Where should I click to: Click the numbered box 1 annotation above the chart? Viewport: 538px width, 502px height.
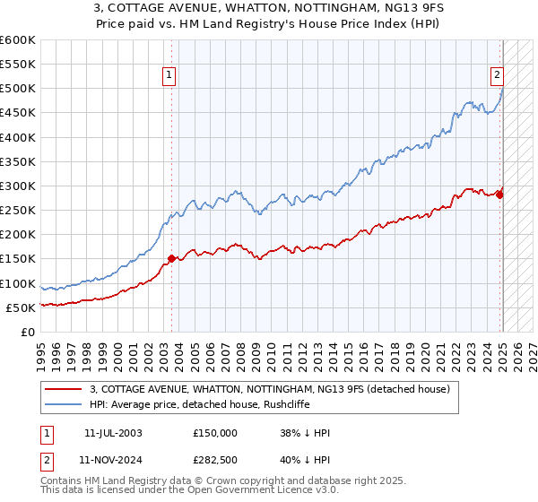[x=170, y=76]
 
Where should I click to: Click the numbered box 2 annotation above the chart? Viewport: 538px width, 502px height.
[x=497, y=76]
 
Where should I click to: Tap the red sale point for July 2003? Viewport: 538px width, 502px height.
[x=171, y=259]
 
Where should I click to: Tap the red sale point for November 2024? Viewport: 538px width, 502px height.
[x=500, y=195]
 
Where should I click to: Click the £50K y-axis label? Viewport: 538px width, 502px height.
[x=22, y=307]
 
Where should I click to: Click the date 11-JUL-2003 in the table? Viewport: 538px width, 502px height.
[x=113, y=433]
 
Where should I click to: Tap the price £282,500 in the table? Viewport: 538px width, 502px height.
[x=215, y=460]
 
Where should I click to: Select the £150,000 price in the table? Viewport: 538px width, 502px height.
[x=215, y=433]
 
